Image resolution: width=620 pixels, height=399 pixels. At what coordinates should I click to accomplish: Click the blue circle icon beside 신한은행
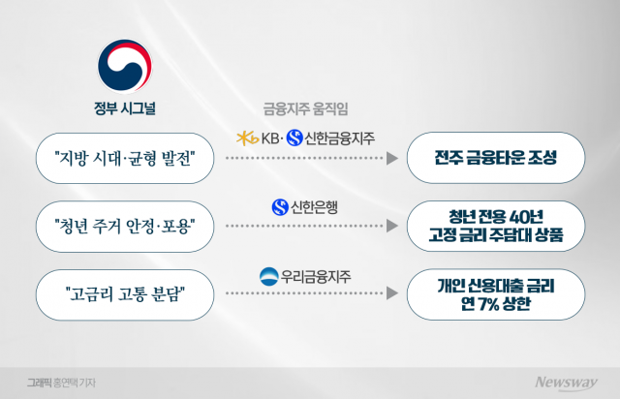click(x=280, y=207)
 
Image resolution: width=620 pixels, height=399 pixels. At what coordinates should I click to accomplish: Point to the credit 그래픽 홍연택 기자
click(x=61, y=383)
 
